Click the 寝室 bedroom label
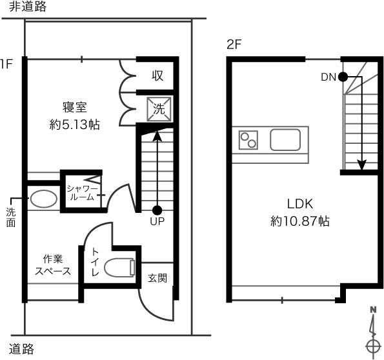pos(75,107)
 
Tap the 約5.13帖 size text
pos(75,125)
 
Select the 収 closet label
pos(157,75)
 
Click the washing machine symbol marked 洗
pos(159,109)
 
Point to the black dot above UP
pos(157,210)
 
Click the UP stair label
pos(157,221)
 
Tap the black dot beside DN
pos(343,77)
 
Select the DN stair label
pos(328,77)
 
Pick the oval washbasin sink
pos(44,199)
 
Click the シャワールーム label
pos(83,193)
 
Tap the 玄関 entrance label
pos(157,278)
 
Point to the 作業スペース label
pos(53,265)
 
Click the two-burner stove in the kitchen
pos(248,140)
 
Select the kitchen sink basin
pos(285,139)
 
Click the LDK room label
pos(300,204)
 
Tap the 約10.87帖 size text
pos(300,221)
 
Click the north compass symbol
pos(373,332)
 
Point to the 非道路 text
pos(28,6)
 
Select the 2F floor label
pos(234,45)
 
